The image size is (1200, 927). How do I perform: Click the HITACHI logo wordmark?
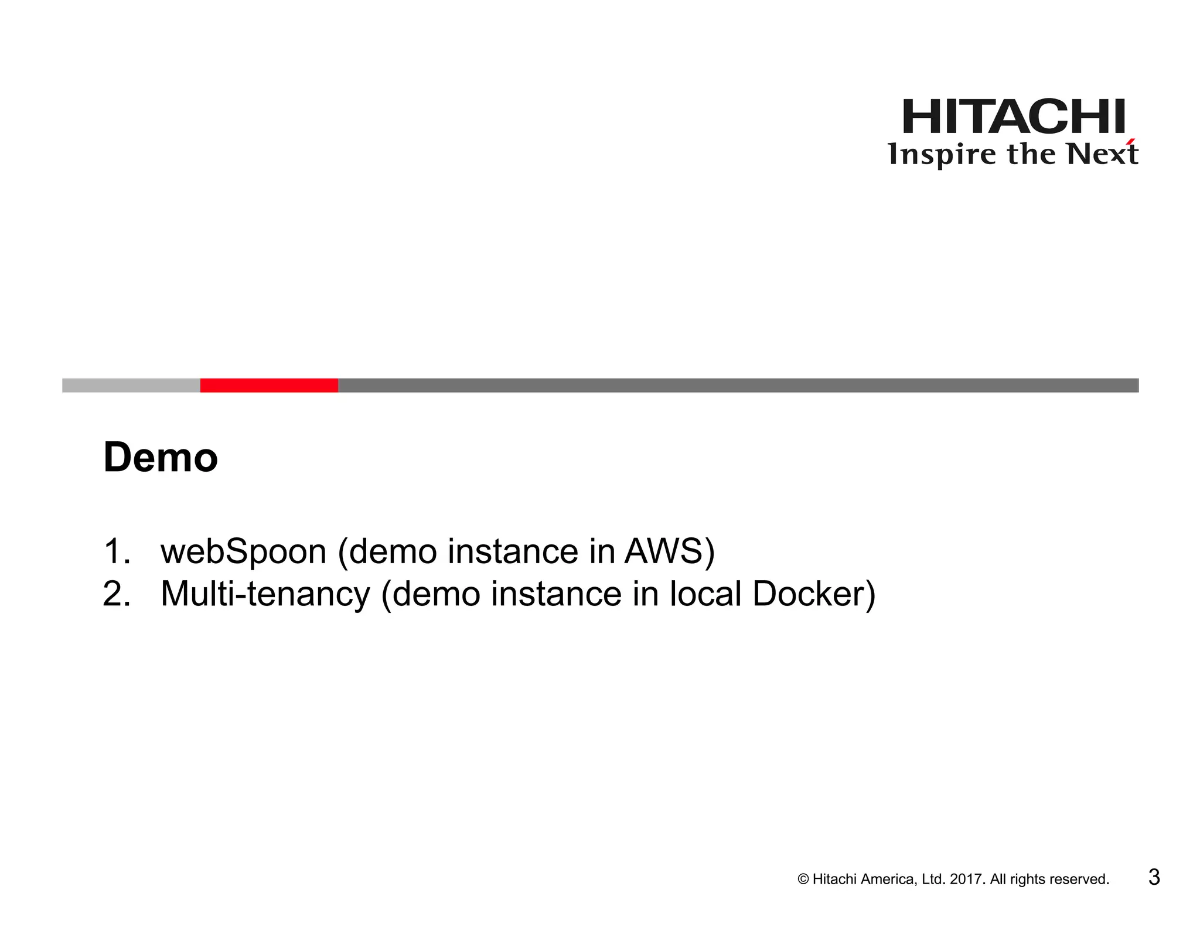(1014, 117)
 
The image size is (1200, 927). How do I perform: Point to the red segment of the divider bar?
(269, 385)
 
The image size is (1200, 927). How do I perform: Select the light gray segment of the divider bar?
(131, 385)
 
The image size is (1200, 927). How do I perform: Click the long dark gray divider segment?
(738, 385)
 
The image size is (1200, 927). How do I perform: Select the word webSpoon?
(243, 551)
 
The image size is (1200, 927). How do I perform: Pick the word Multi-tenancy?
(265, 594)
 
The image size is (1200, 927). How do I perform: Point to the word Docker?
(807, 594)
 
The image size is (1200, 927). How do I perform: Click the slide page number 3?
(1154, 877)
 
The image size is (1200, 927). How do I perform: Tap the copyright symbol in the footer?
(803, 880)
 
